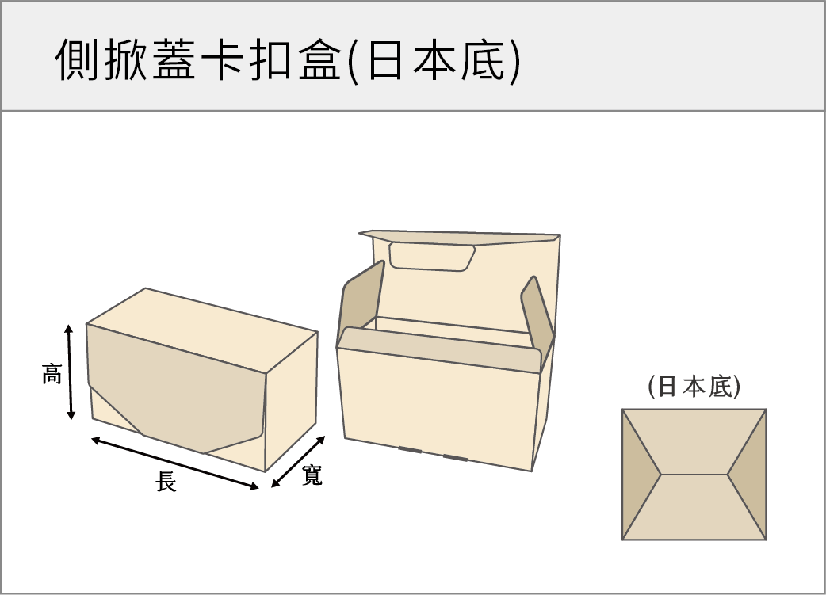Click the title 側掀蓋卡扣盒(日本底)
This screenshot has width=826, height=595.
click(x=289, y=59)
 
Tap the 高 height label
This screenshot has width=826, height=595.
click(x=52, y=373)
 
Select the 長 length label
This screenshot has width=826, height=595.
click(x=166, y=481)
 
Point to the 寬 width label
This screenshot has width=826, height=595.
click(x=312, y=475)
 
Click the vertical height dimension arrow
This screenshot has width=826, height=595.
click(x=71, y=372)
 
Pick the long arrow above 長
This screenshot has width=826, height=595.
click(x=175, y=463)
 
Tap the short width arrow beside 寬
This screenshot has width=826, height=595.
click(x=298, y=462)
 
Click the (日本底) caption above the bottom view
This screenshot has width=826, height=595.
click(x=694, y=387)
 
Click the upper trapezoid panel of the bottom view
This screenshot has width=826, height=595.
click(x=694, y=440)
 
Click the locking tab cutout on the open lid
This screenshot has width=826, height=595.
click(x=431, y=257)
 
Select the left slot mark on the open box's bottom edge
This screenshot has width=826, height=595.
click(x=409, y=450)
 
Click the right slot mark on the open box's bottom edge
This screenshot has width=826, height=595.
click(x=455, y=457)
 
